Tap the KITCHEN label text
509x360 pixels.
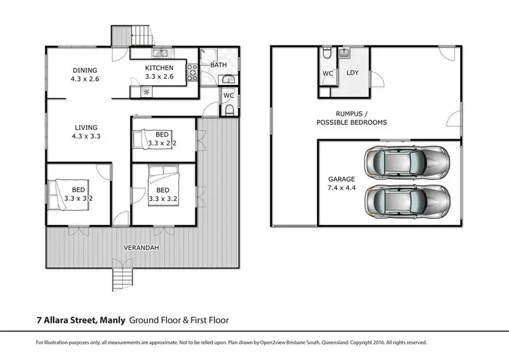[x=159, y=68]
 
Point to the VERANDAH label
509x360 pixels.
[x=142, y=248]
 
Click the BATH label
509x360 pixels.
[x=219, y=65]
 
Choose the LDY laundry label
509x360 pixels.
[x=352, y=72]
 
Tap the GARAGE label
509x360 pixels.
[x=342, y=179]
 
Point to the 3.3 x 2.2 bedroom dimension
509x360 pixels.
[x=162, y=143]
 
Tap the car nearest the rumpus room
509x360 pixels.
[x=406, y=162]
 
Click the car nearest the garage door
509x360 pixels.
[x=406, y=201]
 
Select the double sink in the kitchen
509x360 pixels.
[x=162, y=53]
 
